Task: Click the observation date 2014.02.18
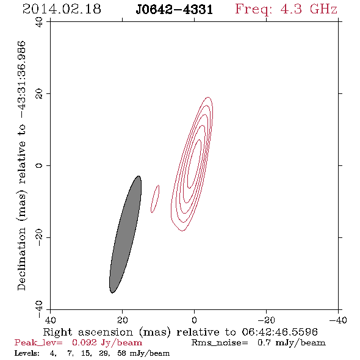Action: (62, 9)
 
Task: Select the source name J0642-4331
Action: (175, 9)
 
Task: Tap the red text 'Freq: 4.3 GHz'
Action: (286, 9)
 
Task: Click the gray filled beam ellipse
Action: (125, 234)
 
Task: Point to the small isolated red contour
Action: (155, 199)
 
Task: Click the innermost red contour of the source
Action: (195, 164)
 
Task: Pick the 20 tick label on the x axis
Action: (123, 320)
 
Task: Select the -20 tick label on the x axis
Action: (266, 320)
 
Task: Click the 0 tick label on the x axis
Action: (194, 320)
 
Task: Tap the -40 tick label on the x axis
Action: (338, 320)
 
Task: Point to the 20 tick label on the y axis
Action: (39, 94)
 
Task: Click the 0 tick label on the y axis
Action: (39, 165)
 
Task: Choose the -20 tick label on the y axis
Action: (39, 237)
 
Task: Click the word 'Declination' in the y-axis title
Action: (21, 259)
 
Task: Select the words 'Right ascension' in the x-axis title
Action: (88, 332)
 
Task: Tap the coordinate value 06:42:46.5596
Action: (279, 332)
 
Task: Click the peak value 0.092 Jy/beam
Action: (107, 343)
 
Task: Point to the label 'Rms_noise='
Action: (220, 343)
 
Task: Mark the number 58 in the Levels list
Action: (121, 353)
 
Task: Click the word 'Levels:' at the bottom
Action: (27, 353)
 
